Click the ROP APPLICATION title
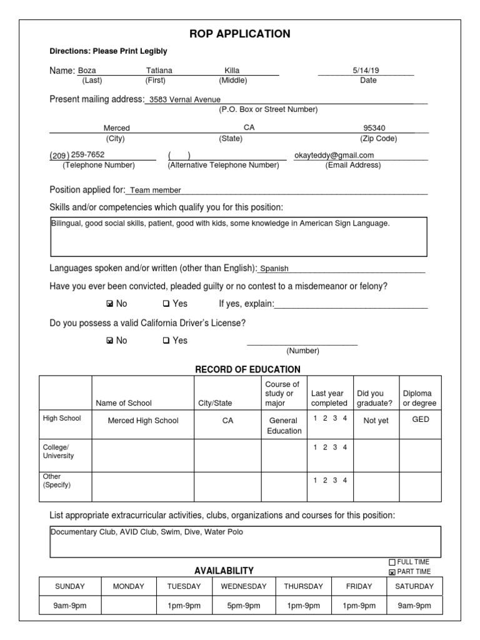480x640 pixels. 239,34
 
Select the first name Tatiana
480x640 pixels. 159,71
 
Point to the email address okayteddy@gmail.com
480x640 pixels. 334,155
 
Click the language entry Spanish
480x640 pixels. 274,269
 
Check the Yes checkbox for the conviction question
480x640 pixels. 166,304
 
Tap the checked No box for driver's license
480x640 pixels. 110,341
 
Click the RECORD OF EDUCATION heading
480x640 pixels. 248,369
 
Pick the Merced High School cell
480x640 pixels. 143,421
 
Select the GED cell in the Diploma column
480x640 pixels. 421,419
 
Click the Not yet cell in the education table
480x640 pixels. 376,421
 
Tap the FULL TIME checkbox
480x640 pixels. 392,562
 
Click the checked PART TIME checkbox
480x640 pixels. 392,572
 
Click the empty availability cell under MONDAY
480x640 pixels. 128,606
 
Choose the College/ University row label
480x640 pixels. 58,451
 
